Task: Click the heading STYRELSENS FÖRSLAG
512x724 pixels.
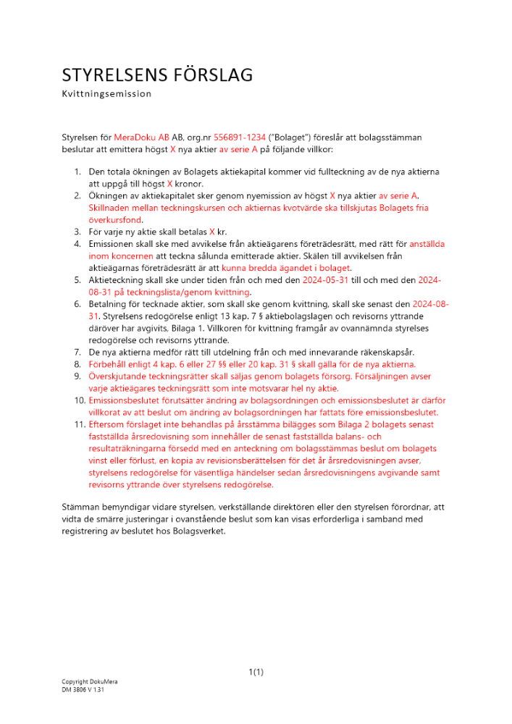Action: click(x=157, y=75)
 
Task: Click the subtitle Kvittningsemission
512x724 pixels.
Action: click(x=106, y=94)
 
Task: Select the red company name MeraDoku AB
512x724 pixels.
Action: click(x=141, y=137)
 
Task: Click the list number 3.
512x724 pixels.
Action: click(x=77, y=232)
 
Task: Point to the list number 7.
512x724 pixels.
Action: click(x=77, y=352)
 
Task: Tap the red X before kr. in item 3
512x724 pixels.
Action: click(x=212, y=232)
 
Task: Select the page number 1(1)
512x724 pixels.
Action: click(x=256, y=672)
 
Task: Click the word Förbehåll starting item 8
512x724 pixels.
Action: click(x=109, y=364)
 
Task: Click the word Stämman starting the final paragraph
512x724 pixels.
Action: click(x=81, y=507)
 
